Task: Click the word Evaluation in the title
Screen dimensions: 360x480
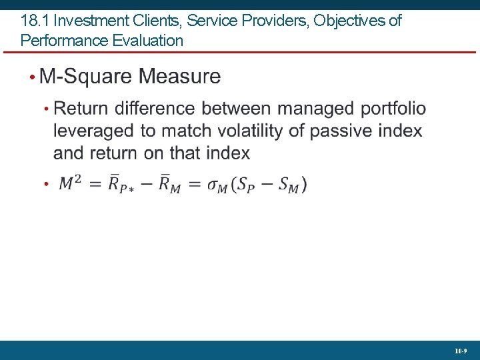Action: click(x=148, y=41)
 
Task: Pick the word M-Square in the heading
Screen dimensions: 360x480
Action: click(x=86, y=76)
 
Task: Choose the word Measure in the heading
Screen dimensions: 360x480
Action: click(x=179, y=76)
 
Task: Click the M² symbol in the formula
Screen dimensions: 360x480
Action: click(x=71, y=183)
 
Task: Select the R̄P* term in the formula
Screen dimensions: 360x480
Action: click(x=121, y=183)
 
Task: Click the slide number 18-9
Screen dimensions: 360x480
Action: click(x=461, y=350)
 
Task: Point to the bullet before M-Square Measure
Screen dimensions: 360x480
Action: click(x=32, y=77)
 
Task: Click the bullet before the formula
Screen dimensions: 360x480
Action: click(x=46, y=184)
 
